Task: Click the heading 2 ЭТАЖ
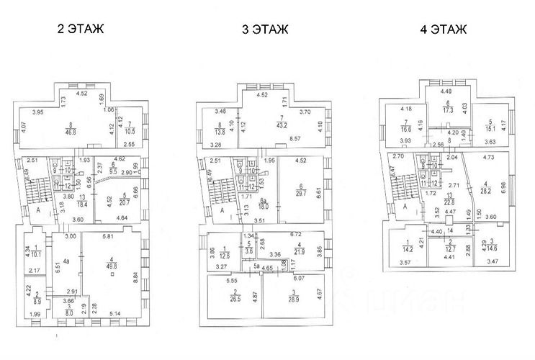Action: [x=80, y=30]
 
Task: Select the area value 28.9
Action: [x=293, y=297]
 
